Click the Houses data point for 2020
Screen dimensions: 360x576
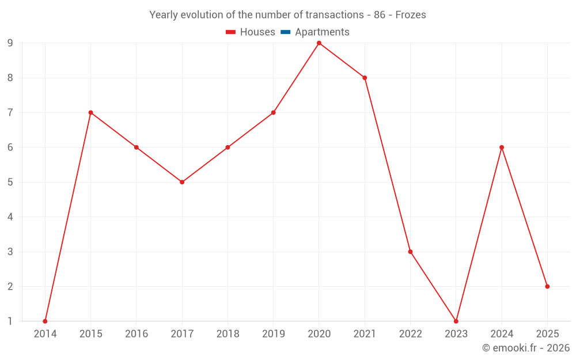pyautogui.click(x=319, y=43)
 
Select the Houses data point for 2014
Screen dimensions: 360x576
pyautogui.click(x=45, y=321)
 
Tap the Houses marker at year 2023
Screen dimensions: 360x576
pyautogui.click(x=456, y=321)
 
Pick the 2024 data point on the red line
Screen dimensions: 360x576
pyautogui.click(x=502, y=147)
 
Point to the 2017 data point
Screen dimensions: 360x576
pyautogui.click(x=182, y=182)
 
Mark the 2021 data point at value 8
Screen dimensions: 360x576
pyautogui.click(x=365, y=78)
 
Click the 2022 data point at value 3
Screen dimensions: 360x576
pyautogui.click(x=410, y=252)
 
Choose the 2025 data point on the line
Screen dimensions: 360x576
pyautogui.click(x=547, y=286)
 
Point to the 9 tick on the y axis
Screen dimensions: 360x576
pyautogui.click(x=10, y=43)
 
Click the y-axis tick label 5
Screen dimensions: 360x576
pyautogui.click(x=10, y=182)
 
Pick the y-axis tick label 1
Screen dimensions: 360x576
pyautogui.click(x=10, y=321)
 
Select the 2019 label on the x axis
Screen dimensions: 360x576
pyautogui.click(x=273, y=334)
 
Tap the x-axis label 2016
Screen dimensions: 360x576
pyautogui.click(x=137, y=334)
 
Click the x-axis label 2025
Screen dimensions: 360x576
pyautogui.click(x=547, y=334)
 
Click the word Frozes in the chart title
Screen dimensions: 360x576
pyautogui.click(x=411, y=15)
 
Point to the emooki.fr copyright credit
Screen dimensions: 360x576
pyautogui.click(x=526, y=348)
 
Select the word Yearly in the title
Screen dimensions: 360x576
pyautogui.click(x=164, y=15)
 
